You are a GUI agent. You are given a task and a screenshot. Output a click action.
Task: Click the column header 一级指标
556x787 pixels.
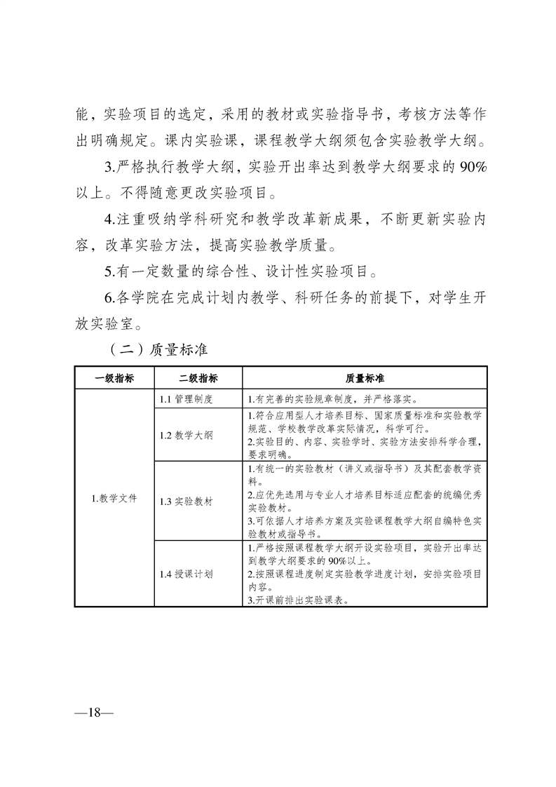click(x=114, y=377)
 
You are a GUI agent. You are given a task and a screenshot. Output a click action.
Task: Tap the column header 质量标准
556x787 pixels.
click(x=365, y=377)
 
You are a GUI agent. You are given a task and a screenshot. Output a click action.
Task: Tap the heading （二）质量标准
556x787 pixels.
click(x=154, y=347)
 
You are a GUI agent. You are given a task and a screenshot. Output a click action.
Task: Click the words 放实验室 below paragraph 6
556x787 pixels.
click(x=102, y=323)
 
